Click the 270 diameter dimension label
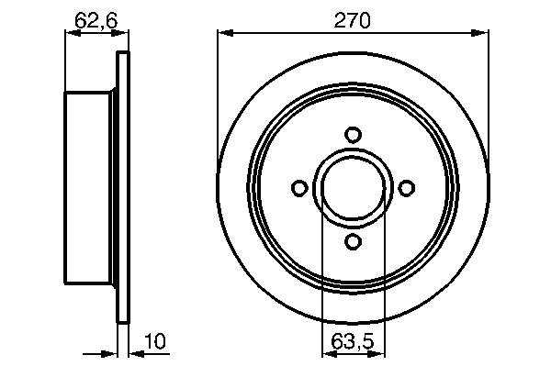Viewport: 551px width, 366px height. coord(352,21)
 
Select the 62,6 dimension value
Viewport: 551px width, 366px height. coord(96,21)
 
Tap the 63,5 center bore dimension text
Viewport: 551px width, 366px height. coord(353,341)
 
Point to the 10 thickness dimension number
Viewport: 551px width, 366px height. coord(155,341)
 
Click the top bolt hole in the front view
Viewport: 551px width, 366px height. coord(353,135)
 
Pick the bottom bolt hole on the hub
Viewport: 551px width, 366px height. coord(353,242)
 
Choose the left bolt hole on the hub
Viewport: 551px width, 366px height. coord(299,188)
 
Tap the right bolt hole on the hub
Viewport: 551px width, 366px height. coord(406,188)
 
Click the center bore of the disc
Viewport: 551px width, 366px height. coord(354,188)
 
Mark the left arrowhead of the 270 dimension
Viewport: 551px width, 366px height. coord(225,33)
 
